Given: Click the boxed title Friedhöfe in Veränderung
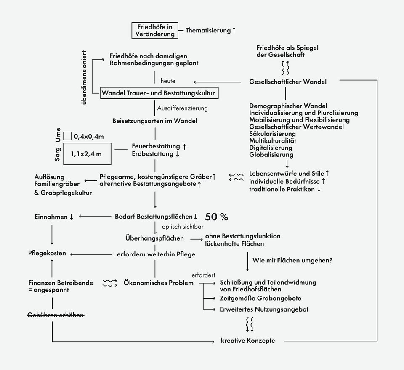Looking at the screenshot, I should [x=154, y=31].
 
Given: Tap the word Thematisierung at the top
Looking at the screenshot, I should [x=208, y=31].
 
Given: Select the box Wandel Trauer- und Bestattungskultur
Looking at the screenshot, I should [x=160, y=93].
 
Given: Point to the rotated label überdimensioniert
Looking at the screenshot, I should [x=84, y=78].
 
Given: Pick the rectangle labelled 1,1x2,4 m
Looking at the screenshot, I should [x=88, y=154].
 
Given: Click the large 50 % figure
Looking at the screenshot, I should [x=217, y=217].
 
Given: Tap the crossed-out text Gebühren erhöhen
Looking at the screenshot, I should [x=56, y=315].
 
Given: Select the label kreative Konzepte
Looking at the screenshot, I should [x=248, y=341].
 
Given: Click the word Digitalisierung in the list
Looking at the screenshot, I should [x=271, y=148].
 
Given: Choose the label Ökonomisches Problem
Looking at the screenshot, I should [x=159, y=283].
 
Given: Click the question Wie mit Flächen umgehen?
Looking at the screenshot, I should [x=293, y=260].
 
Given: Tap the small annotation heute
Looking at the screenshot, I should [x=167, y=81].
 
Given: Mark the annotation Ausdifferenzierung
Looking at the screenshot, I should [x=183, y=108].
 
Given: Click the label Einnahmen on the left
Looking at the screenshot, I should [x=51, y=217].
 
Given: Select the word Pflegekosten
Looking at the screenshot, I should [x=47, y=254].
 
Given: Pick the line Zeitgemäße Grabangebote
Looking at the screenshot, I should [x=260, y=299].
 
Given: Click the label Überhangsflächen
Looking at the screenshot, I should [x=154, y=238].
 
